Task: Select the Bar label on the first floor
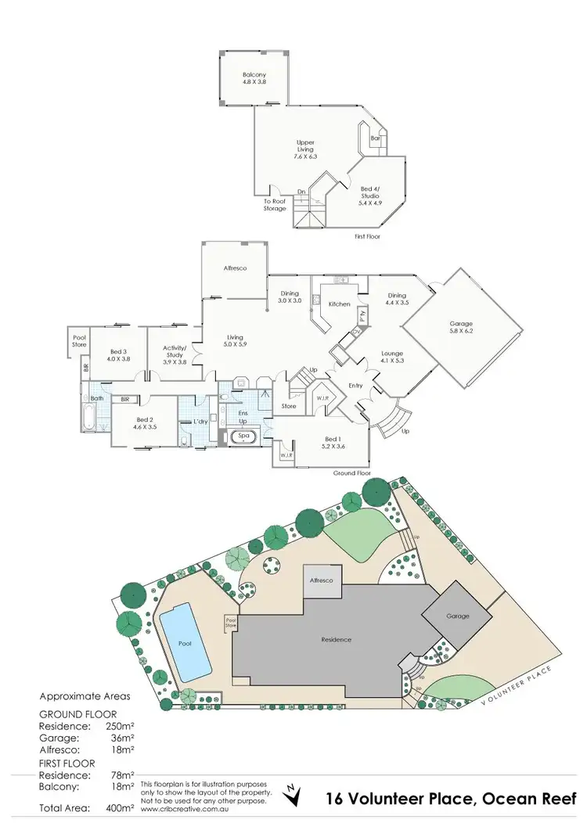pyautogui.click(x=375, y=138)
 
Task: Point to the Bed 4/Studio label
pyautogui.click(x=372, y=194)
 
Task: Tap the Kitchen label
pyautogui.click(x=339, y=304)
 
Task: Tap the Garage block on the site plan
pyautogui.click(x=458, y=616)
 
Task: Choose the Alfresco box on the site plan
pyautogui.click(x=322, y=581)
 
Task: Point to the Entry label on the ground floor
pyautogui.click(x=356, y=386)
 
